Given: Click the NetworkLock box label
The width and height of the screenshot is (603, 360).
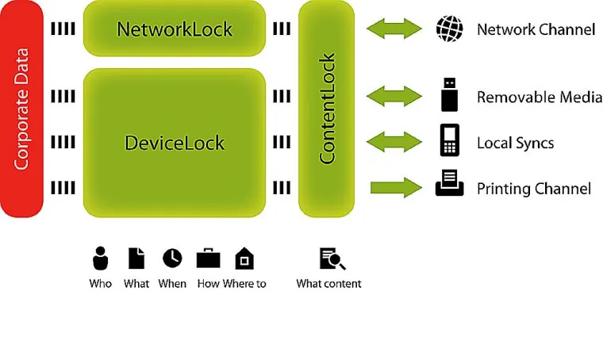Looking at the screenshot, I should point(175,29).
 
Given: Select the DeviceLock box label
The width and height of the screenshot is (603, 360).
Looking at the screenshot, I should point(175,143).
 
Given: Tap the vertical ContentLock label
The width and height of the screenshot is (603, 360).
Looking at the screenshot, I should point(327,109).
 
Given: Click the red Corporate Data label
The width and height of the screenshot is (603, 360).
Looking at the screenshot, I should point(21,109).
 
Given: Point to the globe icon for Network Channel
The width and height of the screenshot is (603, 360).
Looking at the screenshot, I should point(450,29).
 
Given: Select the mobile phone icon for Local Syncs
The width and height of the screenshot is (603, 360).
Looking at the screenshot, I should point(450,141).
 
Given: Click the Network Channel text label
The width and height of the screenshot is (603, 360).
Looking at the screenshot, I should point(536,30).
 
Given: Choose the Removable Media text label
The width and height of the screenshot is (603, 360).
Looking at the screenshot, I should point(539,98).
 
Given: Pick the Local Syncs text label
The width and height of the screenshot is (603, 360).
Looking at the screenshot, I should point(515,144).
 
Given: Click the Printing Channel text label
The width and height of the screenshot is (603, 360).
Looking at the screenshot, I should point(533,189).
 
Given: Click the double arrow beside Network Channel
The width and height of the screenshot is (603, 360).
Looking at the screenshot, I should point(395,29).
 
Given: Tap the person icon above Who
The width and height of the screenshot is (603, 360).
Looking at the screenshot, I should point(100,259).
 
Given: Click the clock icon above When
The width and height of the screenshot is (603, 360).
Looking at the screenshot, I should point(172,258).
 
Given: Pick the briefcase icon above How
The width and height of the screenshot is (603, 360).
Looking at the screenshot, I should point(208,258).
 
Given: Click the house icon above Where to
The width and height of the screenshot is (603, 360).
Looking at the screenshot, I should point(244,259).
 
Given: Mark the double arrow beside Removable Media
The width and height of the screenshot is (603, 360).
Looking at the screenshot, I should point(395,97).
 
